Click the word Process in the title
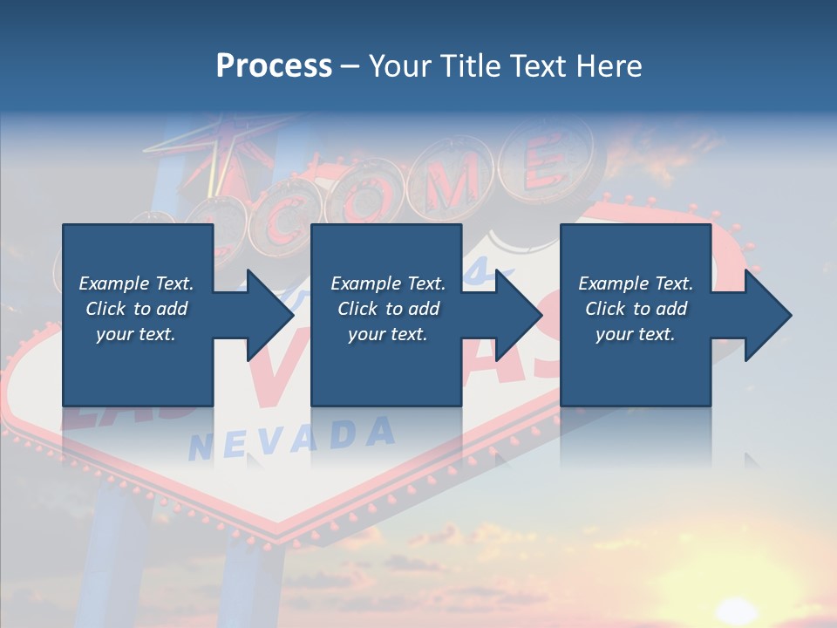tap(274, 66)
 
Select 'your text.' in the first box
tap(136, 334)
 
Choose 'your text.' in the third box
tap(636, 334)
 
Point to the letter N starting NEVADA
tap(201, 448)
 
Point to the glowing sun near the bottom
tap(741, 611)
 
